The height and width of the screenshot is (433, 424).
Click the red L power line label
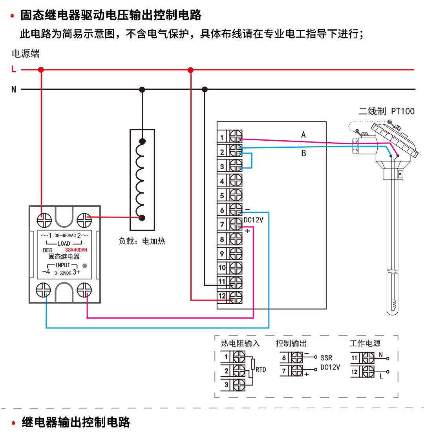(14, 70)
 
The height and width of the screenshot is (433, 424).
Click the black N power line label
(14, 90)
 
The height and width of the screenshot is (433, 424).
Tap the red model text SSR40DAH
(76, 250)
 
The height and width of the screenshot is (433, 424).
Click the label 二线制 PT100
(386, 111)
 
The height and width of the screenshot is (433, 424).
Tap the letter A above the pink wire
(303, 135)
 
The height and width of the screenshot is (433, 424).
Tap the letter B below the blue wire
(303, 154)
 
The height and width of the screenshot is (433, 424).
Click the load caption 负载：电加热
(142, 241)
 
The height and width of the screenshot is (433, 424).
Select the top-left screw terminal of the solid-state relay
(44, 220)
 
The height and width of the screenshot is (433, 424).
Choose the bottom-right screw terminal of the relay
(84, 291)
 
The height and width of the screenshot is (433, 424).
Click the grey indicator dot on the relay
(84, 266)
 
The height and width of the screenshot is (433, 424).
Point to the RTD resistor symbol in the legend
(253, 364)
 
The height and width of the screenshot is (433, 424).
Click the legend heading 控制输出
(291, 344)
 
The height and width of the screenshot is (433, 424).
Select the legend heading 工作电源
(365, 344)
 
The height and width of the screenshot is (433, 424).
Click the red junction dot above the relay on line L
(41, 70)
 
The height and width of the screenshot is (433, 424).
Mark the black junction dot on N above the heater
(142, 90)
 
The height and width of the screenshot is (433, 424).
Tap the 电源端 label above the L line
(26, 54)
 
